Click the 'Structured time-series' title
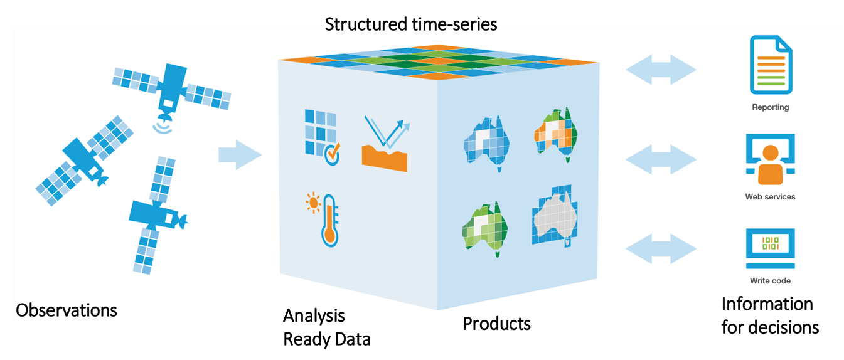pyautogui.click(x=410, y=25)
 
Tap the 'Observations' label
pyautogui.click(x=67, y=310)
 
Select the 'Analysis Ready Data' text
pyautogui.click(x=326, y=327)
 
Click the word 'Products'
pyautogui.click(x=496, y=324)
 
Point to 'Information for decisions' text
pyautogui.click(x=770, y=315)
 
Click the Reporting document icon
pyautogui.click(x=770, y=65)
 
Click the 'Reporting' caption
pyautogui.click(x=770, y=107)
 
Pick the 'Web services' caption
pyautogui.click(x=770, y=197)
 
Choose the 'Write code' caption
pyautogui.click(x=770, y=281)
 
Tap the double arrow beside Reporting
pyautogui.click(x=661, y=69)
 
